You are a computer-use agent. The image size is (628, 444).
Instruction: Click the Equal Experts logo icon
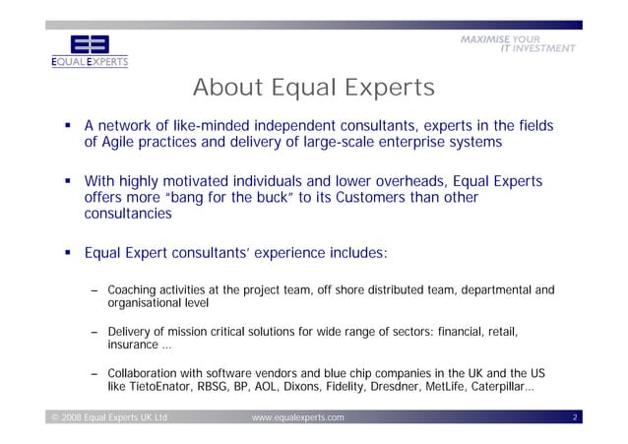tap(89, 44)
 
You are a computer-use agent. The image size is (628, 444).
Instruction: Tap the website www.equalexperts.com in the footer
tap(297, 418)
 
